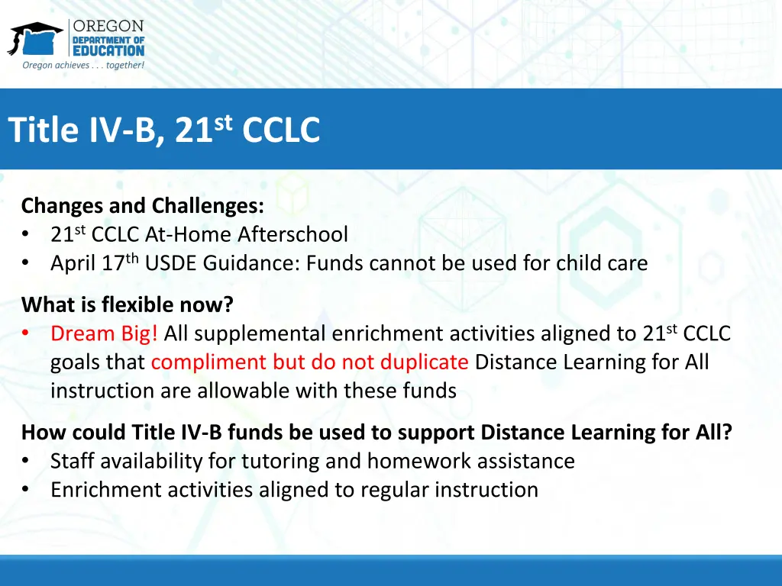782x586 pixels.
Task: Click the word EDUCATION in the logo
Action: (108, 50)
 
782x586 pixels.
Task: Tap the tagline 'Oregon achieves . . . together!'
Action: (83, 66)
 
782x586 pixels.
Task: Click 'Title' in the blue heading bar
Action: (41, 130)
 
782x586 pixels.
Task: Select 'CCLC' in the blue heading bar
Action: (281, 130)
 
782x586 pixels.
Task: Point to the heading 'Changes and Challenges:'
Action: (143, 206)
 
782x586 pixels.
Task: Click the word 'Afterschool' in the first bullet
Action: (292, 234)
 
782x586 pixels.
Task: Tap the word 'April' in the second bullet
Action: (73, 264)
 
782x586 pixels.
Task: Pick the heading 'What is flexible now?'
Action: (128, 305)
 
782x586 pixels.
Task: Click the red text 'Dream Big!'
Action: (105, 333)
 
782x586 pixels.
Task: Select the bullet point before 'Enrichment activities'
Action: (27, 490)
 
